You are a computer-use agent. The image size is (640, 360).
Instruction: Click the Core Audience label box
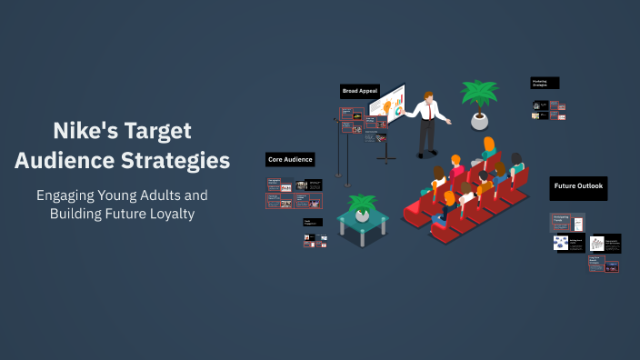[x=290, y=159]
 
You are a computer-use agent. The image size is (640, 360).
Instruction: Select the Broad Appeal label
[x=360, y=91]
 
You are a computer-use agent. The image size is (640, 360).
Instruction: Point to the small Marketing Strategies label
[x=545, y=83]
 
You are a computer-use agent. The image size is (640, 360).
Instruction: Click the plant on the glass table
[x=363, y=204]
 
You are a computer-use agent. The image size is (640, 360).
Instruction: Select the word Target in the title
[x=156, y=131]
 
